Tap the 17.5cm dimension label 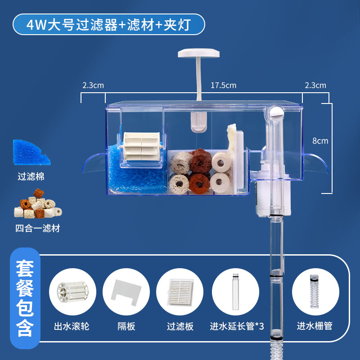pos(223,85)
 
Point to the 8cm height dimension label pos(320,140)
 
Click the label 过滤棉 pos(31,177)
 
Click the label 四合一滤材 pos(37,229)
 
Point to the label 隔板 pos(126,326)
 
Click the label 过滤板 pos(180,326)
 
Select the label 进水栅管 pos(315,326)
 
